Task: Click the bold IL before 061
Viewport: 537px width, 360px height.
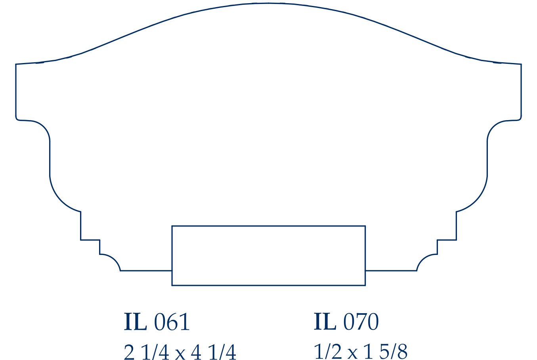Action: [x=135, y=322]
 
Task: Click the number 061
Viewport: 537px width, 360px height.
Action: [x=172, y=322]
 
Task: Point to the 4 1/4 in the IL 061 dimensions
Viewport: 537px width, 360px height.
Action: [x=213, y=352]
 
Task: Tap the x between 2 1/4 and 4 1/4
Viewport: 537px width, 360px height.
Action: [x=180, y=353]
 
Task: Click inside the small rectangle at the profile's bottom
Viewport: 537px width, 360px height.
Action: [x=268, y=256]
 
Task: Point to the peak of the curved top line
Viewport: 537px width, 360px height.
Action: [x=268, y=4]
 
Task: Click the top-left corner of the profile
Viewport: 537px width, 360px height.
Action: [x=16, y=64]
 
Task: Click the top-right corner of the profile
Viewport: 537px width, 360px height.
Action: [x=521, y=64]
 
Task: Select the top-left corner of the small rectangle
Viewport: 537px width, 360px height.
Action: [x=172, y=226]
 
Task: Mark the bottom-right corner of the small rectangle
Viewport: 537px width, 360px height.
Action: [x=365, y=285]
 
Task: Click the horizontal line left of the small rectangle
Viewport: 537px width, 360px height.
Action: [x=146, y=271]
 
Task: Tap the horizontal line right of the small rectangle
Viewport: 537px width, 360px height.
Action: [x=391, y=271]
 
